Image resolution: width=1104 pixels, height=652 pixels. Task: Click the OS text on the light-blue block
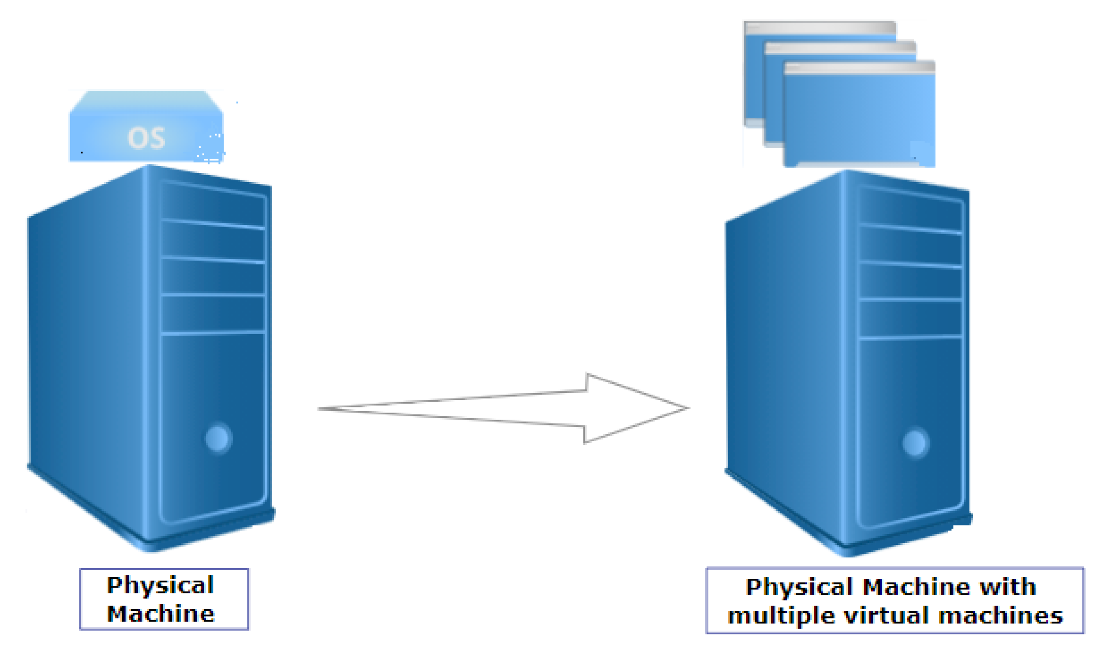[x=146, y=138]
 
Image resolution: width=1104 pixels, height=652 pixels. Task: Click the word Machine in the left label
[x=161, y=614]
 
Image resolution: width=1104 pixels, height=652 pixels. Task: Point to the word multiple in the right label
[x=781, y=616]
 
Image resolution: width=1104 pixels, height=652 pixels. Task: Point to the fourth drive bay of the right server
[x=910, y=318]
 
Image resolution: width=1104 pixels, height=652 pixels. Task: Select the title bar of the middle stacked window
[x=840, y=48]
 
